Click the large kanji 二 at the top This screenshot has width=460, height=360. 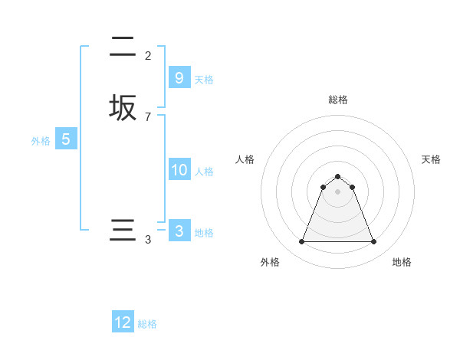coord(123,47)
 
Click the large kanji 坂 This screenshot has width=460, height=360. coord(123,107)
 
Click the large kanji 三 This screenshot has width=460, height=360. coord(123,231)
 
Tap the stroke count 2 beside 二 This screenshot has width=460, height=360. coord(148,56)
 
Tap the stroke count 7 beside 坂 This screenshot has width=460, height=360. coord(148,117)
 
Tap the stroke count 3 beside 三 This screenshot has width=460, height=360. coord(148,241)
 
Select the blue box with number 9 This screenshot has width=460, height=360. coord(179,78)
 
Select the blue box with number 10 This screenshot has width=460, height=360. coord(179,170)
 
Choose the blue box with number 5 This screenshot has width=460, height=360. coord(66,139)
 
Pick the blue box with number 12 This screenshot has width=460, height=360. coord(123,322)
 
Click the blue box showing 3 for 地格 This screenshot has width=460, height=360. coord(179,231)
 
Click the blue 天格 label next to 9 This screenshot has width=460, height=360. coord(204,80)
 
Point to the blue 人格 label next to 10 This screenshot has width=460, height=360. coord(204,172)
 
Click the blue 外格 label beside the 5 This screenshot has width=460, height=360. coord(41,141)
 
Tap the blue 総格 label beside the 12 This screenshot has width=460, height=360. coord(147,324)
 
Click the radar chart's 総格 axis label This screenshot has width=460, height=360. coord(338,100)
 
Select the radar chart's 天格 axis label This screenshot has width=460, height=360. coord(431,159)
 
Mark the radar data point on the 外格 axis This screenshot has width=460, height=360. coord(301,242)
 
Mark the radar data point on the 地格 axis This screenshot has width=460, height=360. coord(374,242)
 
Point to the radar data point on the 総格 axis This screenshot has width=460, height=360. coord(338,174)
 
